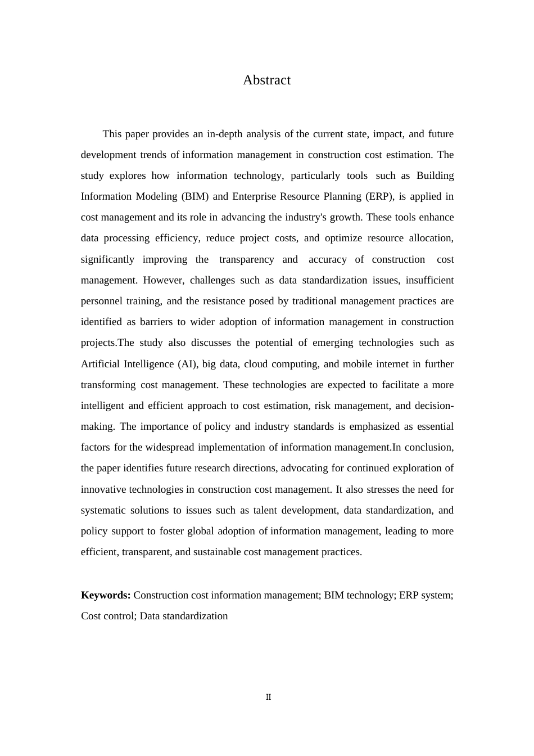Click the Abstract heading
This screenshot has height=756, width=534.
tap(266, 80)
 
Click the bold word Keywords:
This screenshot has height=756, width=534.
tap(106, 595)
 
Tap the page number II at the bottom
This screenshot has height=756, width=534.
tap(268, 697)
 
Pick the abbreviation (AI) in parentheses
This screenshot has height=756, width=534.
tap(187, 364)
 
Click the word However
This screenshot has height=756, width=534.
tap(164, 280)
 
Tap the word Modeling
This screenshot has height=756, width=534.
tap(156, 196)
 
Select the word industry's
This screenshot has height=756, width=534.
tap(305, 217)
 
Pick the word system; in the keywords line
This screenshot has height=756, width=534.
tap(437, 595)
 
